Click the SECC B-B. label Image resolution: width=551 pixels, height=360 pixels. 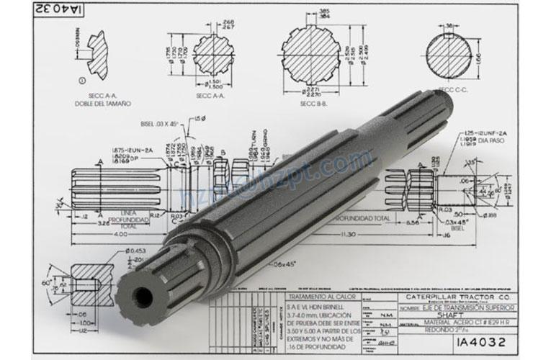(x=314, y=102)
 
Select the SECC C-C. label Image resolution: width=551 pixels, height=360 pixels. (x=451, y=90)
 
